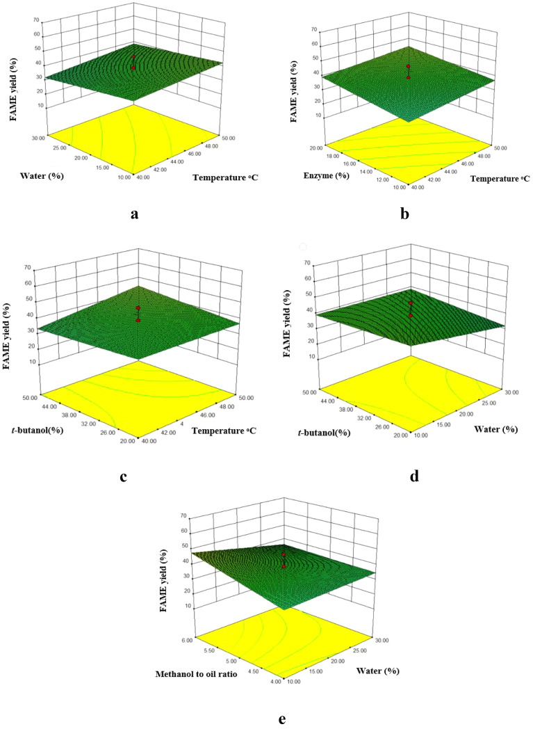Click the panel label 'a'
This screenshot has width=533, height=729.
click(x=133, y=214)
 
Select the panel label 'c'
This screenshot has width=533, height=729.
click(x=122, y=476)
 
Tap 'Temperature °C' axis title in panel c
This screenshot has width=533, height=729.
click(x=220, y=431)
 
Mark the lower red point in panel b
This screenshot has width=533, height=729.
click(x=409, y=78)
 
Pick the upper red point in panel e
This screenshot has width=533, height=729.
click(x=284, y=554)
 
